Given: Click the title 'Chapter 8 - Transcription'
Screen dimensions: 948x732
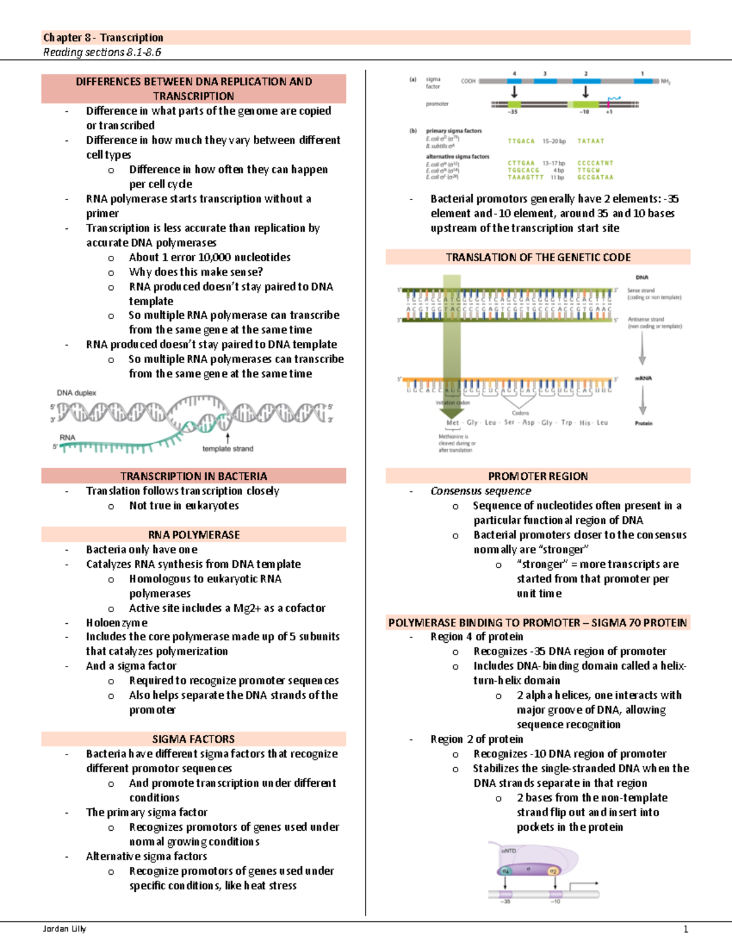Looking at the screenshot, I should pos(103,38).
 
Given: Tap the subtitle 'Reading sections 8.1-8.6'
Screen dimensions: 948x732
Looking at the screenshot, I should pos(102,52).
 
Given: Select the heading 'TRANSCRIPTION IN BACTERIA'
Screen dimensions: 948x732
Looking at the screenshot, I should pos(193,476).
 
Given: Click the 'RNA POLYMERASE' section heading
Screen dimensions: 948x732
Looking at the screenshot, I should pos(193,535).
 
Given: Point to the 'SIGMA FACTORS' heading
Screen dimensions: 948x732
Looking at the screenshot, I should pos(193,739).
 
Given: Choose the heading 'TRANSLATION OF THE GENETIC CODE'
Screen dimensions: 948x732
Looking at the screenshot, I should pos(538,258).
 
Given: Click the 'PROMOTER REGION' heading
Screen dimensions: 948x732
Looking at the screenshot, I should pos(538,476).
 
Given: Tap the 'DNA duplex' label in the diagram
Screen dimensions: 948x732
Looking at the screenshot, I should pos(76,393).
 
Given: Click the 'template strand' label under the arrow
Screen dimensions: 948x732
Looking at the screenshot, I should pos(228,449).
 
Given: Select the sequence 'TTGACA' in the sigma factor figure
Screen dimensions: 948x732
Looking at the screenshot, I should pos(521,141).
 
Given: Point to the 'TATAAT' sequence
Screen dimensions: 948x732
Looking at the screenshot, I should pos(590,141).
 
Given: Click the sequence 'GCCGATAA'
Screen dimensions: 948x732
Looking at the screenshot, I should pos(595,178).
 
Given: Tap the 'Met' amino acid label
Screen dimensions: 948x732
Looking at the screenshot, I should pos(453,422).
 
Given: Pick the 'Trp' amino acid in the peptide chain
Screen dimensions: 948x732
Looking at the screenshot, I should pos(567,422).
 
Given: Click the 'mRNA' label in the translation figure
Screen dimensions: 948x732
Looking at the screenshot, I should pos(644,378).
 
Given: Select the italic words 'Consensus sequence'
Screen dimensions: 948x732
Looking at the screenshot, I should pos(481,491).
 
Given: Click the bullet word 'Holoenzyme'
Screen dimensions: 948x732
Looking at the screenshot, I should pos(117,623).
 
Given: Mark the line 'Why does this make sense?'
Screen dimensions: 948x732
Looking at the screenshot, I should pos(196,272).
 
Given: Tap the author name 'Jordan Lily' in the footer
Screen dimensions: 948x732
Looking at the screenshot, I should pos(64,929).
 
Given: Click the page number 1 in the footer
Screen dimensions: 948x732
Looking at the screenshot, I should pos(686,929).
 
